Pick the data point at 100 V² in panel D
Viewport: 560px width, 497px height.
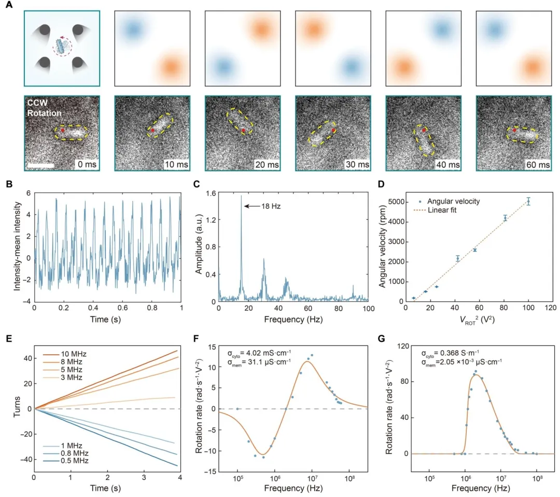(528, 201)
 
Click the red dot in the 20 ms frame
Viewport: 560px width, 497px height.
(243, 130)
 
